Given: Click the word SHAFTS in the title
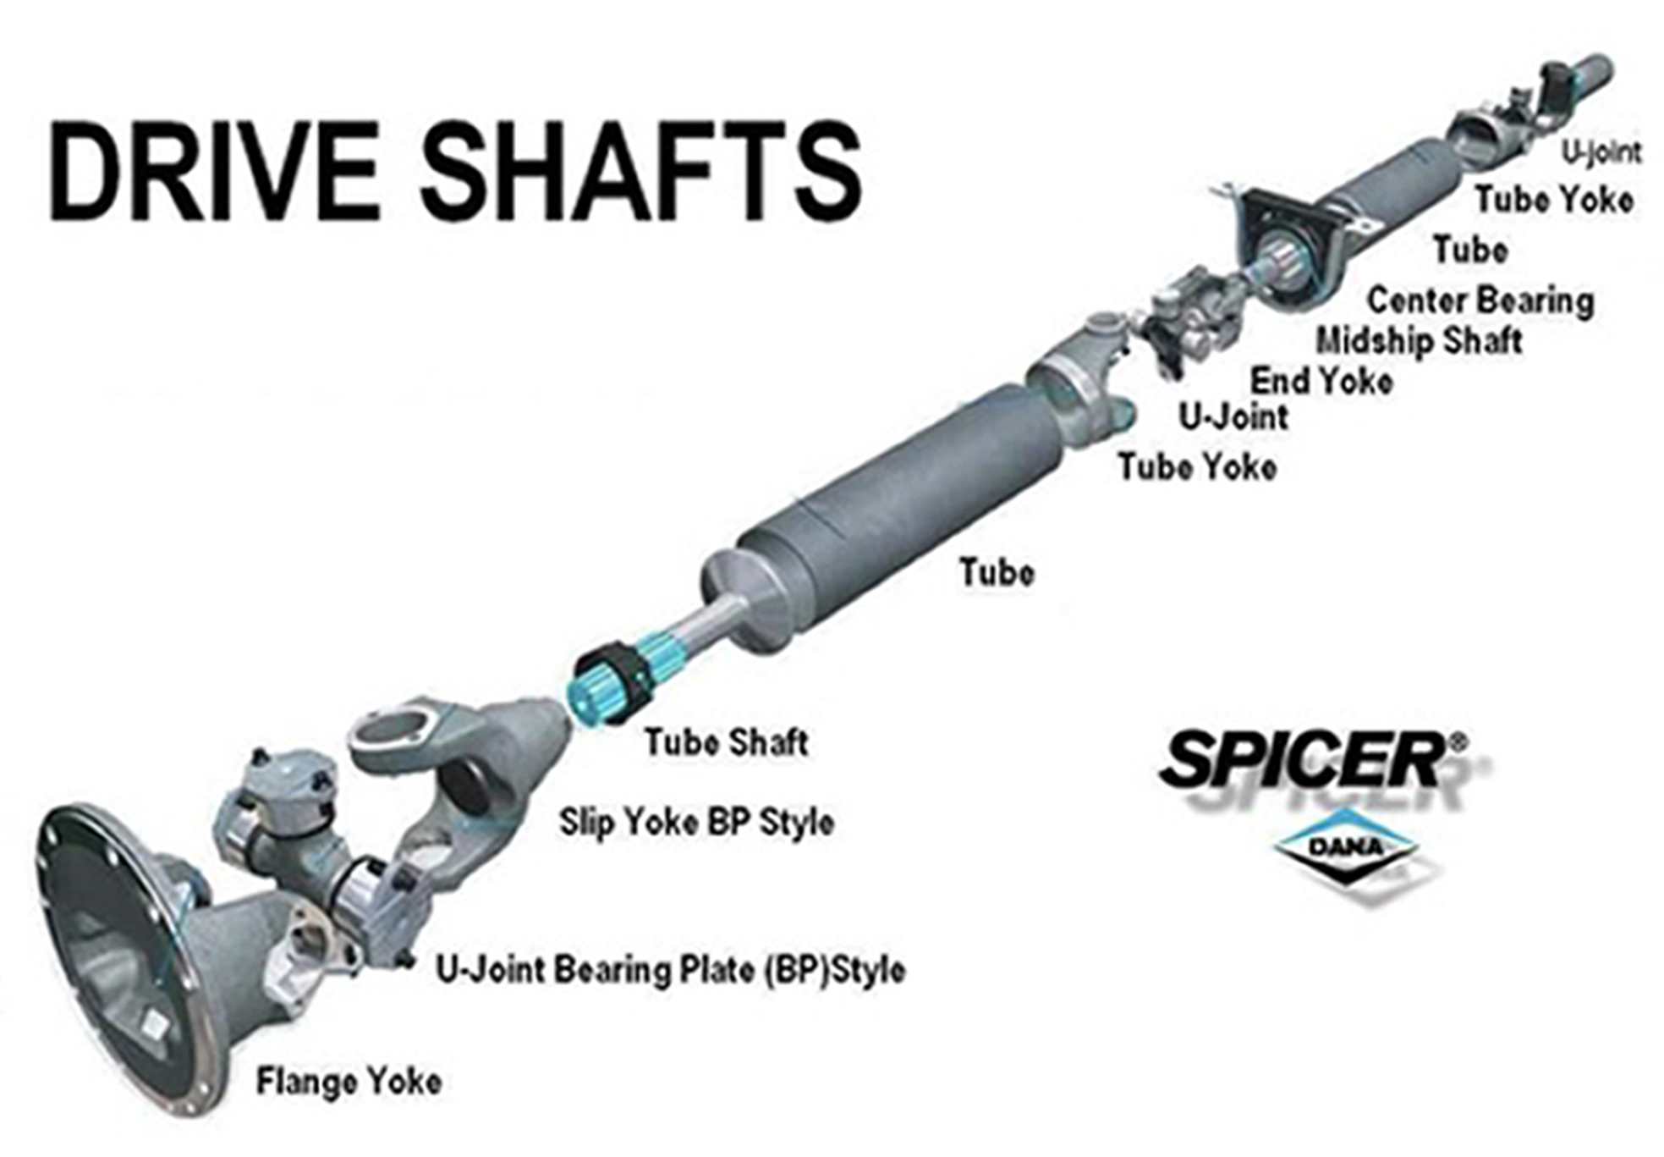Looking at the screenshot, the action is (643, 174).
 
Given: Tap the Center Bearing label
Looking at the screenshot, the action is (1480, 300).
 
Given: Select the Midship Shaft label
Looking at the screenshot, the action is (1419, 340).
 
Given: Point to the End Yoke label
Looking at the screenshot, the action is (1321, 381).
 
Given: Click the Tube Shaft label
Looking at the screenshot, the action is (726, 742).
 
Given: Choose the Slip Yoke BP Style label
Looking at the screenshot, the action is (696, 822).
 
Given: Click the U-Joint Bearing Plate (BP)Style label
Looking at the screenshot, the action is (670, 970).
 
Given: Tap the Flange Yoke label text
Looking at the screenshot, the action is (349, 1082).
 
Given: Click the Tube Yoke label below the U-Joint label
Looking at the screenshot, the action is (1197, 467).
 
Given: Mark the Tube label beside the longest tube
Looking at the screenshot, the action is (997, 573).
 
